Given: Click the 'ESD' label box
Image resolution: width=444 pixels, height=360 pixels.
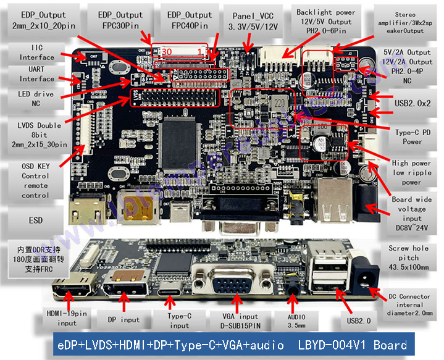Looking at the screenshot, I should pos(35,220).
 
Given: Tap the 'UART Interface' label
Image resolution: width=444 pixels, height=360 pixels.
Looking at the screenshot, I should pos(36,74).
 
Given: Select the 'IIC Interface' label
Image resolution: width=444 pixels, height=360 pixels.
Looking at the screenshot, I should pos(36,52).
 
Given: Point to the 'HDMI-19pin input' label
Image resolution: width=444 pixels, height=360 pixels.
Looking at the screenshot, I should pos(66,318).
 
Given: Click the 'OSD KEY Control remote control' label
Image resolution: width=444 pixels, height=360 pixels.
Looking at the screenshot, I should pos(35,180).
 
